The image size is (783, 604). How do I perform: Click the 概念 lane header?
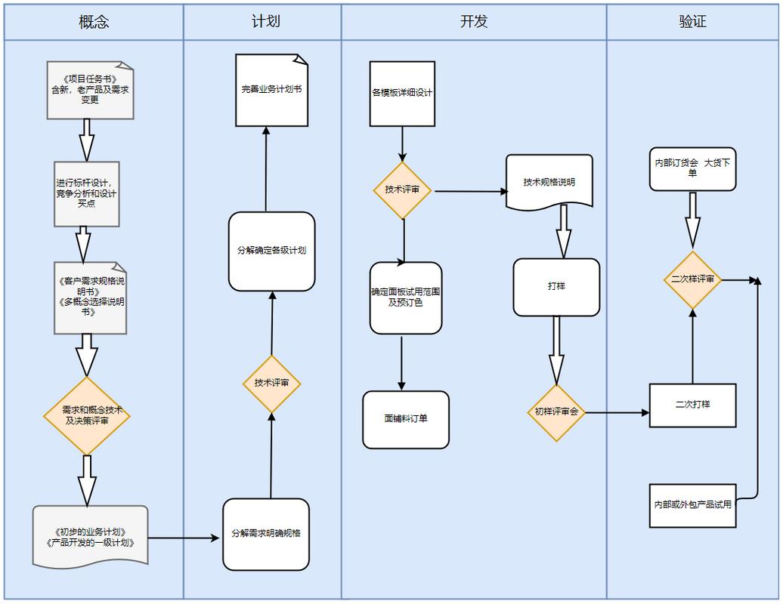(94, 22)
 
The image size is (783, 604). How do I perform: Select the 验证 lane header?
(692, 22)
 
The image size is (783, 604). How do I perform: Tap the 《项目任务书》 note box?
(90, 90)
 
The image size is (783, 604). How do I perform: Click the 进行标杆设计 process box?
(86, 193)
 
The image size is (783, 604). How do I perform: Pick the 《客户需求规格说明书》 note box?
(90, 297)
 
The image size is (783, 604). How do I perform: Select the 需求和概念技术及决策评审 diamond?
(87, 416)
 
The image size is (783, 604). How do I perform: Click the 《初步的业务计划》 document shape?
(90, 537)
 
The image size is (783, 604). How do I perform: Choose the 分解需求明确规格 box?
(266, 534)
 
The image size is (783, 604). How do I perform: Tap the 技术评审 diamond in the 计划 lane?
(271, 384)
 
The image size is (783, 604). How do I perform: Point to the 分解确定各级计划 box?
(271, 251)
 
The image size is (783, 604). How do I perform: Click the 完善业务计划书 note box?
(271, 90)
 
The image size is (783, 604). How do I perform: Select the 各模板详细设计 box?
(402, 94)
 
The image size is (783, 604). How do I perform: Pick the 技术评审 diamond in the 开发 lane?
(402, 190)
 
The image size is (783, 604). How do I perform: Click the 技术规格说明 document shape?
(549, 182)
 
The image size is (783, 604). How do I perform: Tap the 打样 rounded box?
(556, 287)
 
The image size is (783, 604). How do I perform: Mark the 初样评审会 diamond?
(556, 412)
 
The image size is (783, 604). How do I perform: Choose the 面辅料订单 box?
(406, 419)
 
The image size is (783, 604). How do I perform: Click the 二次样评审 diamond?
(692, 279)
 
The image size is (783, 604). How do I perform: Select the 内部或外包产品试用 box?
(692, 505)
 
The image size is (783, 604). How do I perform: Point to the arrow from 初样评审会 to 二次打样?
(617, 413)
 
